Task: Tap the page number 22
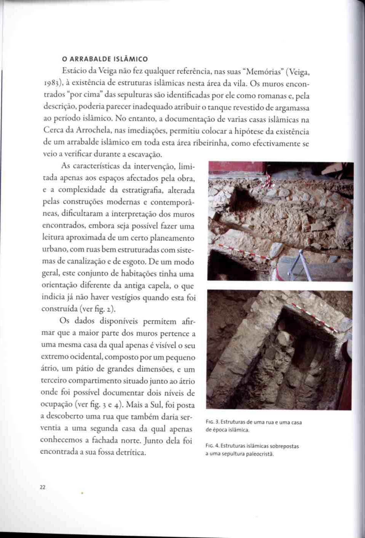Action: (x=42, y=487)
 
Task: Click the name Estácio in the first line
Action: (x=74, y=71)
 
